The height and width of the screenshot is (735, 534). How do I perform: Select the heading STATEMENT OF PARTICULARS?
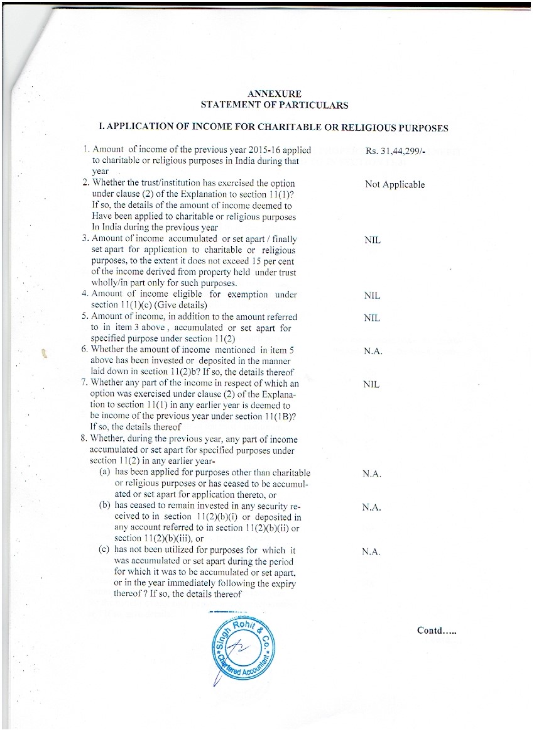coord(275,105)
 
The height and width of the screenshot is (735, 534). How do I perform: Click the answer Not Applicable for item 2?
coord(395,184)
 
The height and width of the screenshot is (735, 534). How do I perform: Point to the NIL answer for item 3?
coord(372,240)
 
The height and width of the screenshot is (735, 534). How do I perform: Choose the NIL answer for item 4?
coord(372,295)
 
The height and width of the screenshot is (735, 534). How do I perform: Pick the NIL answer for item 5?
coord(372,318)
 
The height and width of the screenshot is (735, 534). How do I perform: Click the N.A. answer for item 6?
coord(373,351)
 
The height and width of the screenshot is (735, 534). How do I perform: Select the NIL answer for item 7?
coord(372,384)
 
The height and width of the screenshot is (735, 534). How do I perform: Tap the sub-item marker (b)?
coord(106,505)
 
